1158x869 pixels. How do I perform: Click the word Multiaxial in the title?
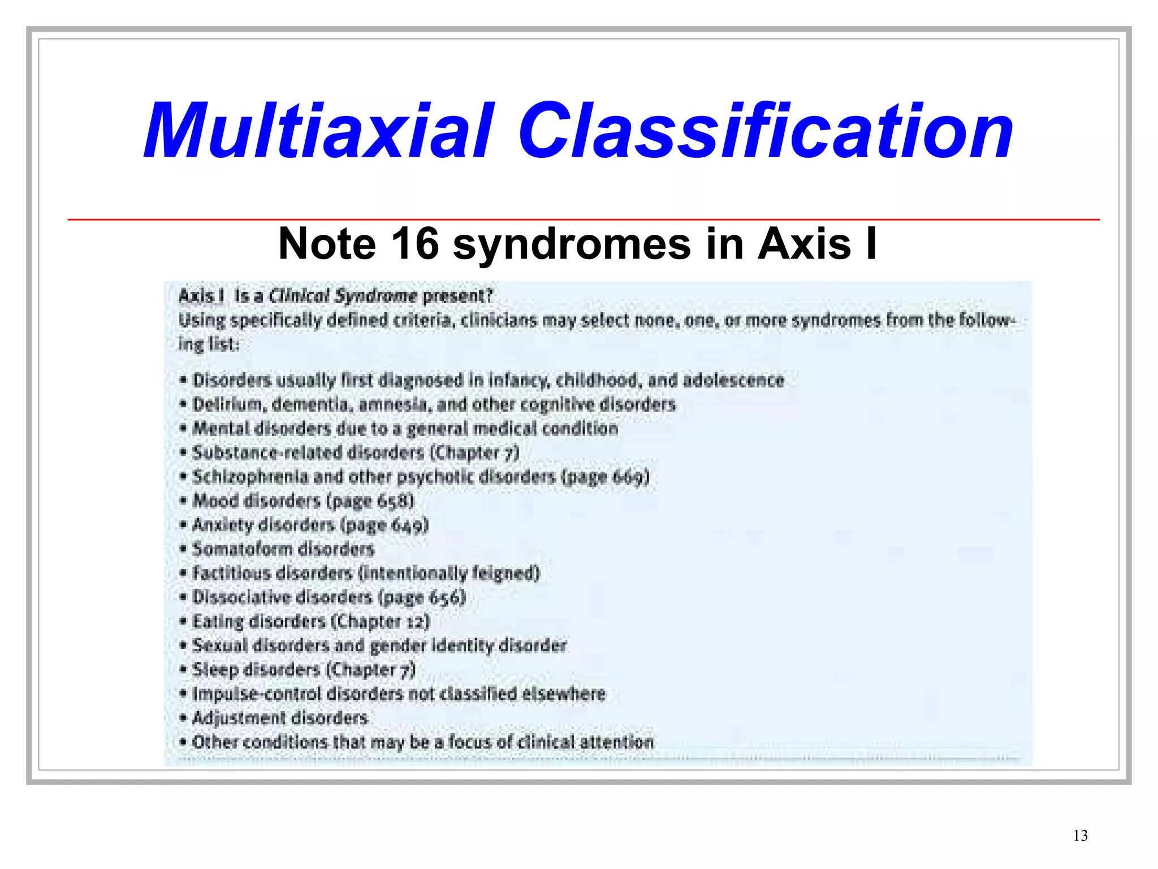point(319,131)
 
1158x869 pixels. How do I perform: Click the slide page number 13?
point(1080,836)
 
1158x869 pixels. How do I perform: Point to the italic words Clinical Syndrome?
point(342,295)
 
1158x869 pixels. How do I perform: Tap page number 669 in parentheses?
point(628,477)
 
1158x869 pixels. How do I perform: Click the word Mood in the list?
point(215,501)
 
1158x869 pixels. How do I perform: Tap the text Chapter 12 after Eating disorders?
point(380,621)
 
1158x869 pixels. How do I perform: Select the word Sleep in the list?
point(215,670)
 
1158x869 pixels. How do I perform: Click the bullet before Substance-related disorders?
point(183,453)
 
